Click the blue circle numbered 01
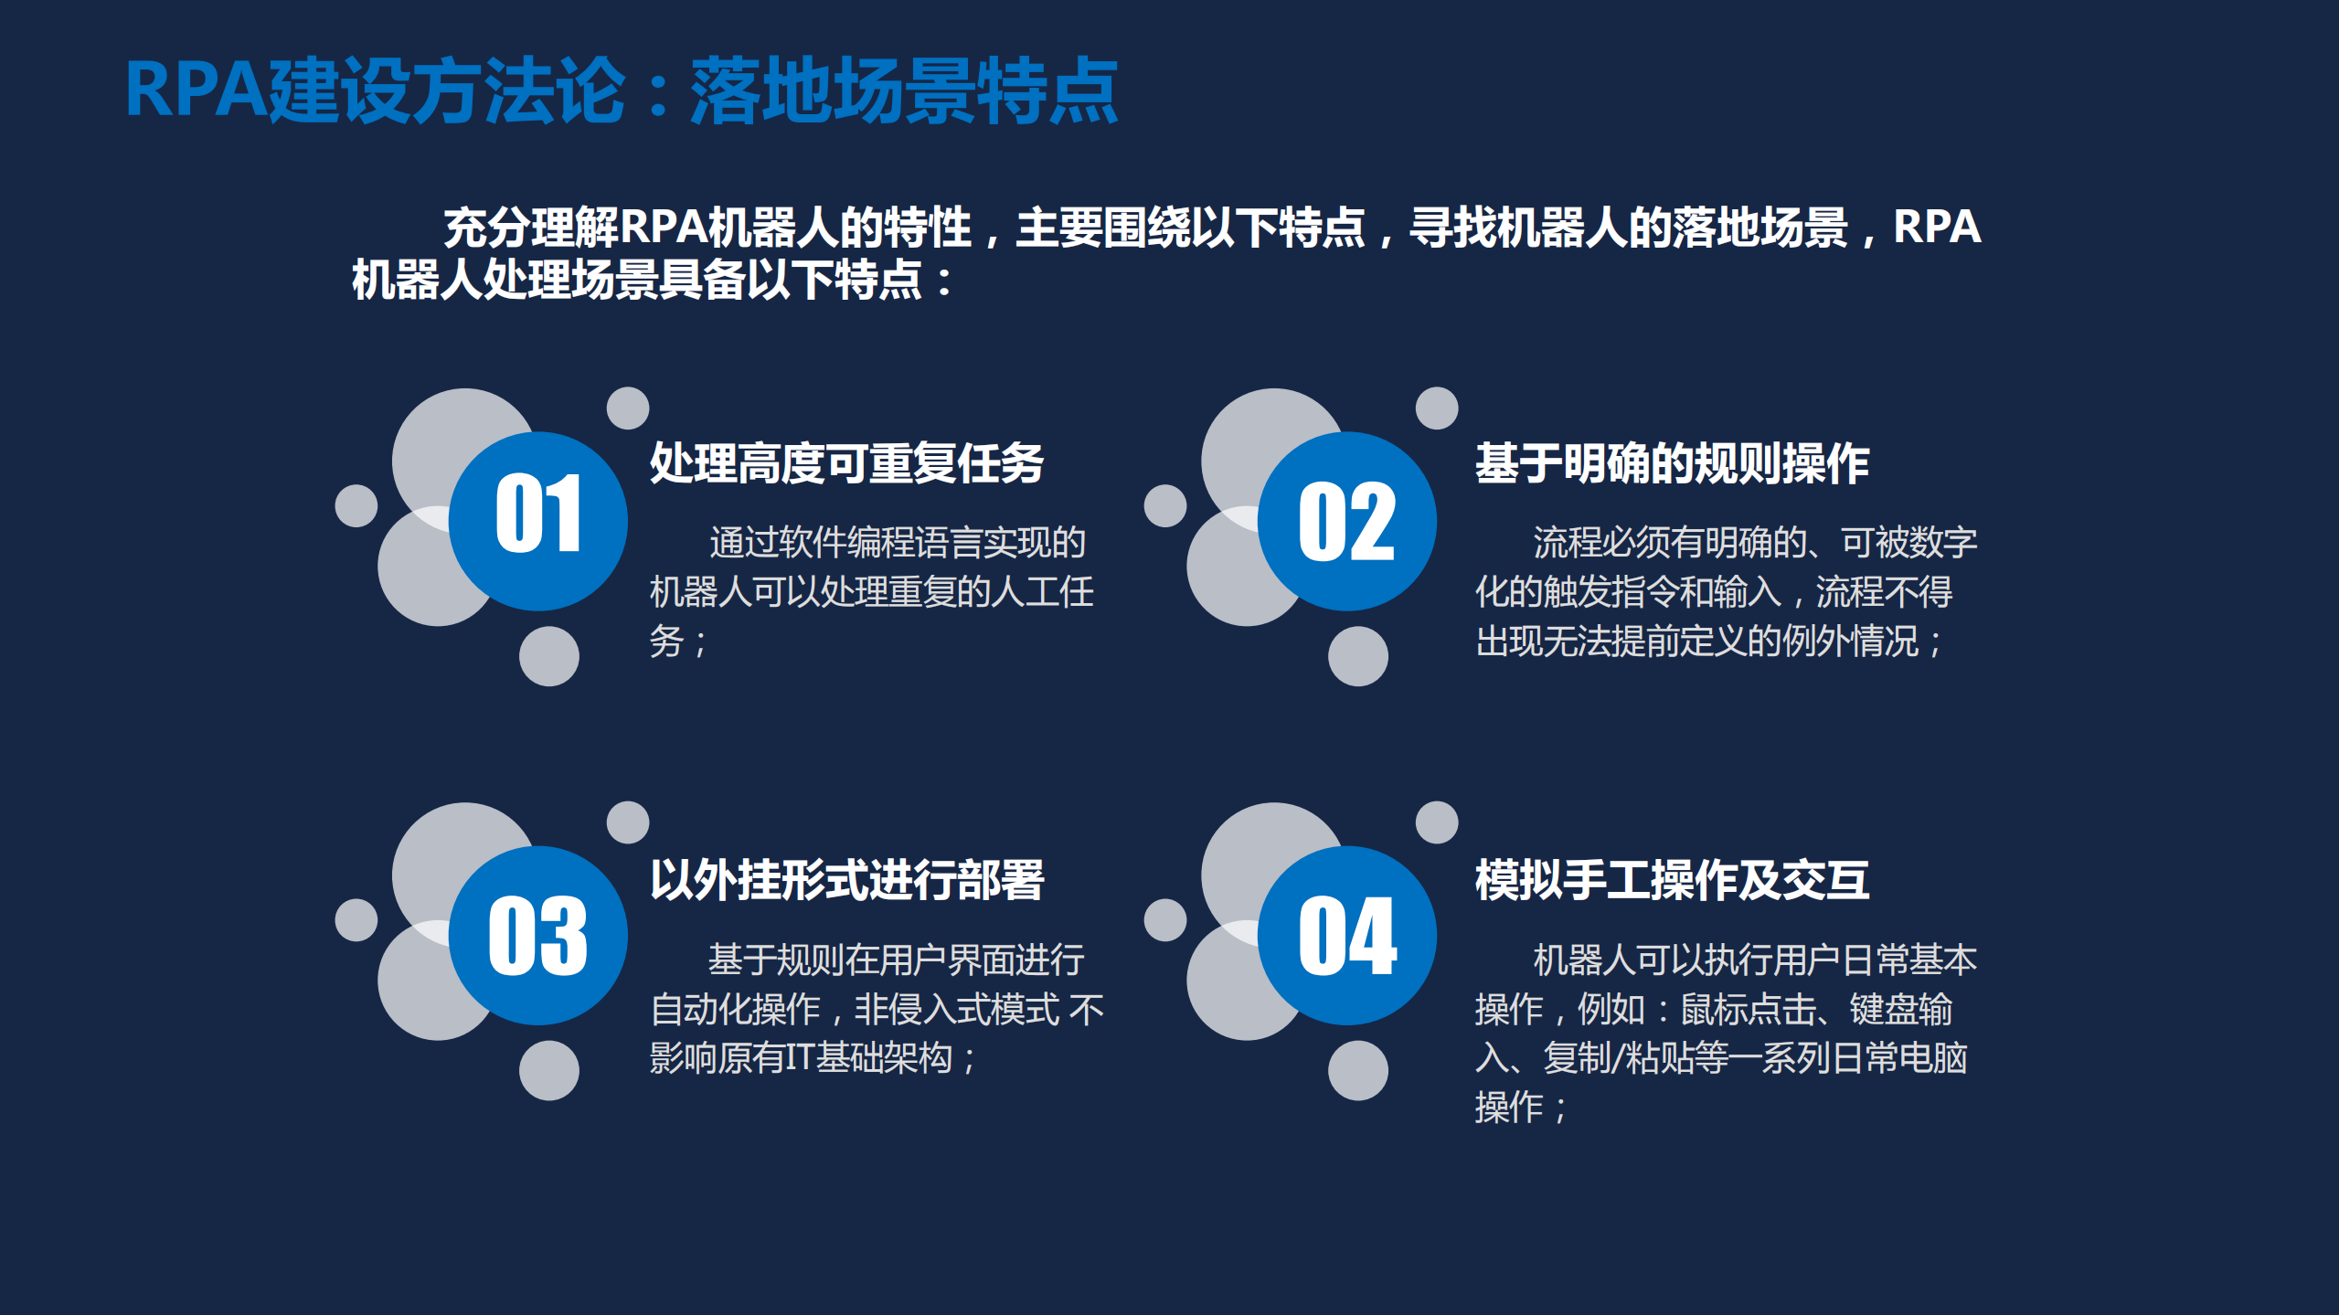pos(537,521)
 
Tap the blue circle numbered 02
pos(1346,521)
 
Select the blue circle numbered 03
pos(537,935)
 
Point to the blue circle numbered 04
pos(1346,935)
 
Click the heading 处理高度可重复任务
pos(846,463)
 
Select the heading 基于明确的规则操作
pos(1672,463)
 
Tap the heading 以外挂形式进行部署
pos(846,880)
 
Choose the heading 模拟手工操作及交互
pos(1672,880)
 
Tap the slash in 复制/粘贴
pos(1619,1058)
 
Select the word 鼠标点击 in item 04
pos(1748,1010)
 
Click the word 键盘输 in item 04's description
pos(1901,1010)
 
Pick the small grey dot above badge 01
pos(628,408)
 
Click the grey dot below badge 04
pos(1357,1070)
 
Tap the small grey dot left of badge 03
pos(356,919)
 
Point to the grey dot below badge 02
pos(1357,656)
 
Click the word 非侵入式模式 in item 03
pos(956,1010)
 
